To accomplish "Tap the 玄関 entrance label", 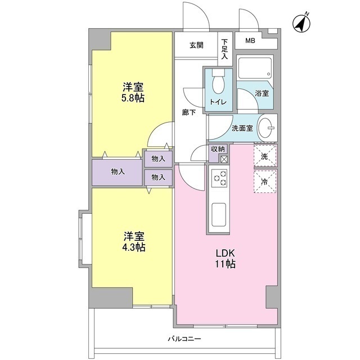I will pos(196,46).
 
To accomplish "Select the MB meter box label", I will pos(249,41).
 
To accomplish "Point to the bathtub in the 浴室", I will pos(254,69).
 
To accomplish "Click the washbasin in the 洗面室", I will pos(267,128).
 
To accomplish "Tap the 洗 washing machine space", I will pos(265,155).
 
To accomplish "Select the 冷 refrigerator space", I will pos(265,181).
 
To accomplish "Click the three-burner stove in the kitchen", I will pos(219,179).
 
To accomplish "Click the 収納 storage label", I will pos(218,149).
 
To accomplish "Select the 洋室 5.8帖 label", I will pos(133,92).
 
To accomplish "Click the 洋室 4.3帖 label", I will pos(133,241).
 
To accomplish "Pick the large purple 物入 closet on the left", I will pos(118,172).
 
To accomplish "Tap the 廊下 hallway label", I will pos(189,112).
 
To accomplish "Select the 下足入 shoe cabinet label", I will pos(224,49).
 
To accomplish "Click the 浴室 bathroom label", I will pos(262,93).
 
